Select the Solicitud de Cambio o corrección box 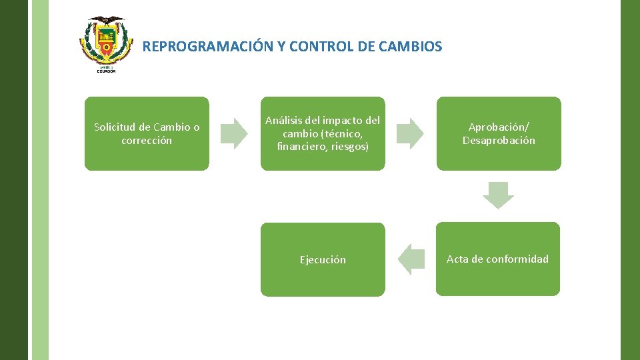click(x=147, y=133)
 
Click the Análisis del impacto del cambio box click(x=323, y=133)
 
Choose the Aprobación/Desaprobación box click(x=499, y=133)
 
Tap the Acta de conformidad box click(x=498, y=259)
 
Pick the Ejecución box click(x=323, y=259)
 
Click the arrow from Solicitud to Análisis click(x=234, y=133)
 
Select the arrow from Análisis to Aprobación click(x=410, y=133)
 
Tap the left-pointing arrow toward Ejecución click(x=411, y=259)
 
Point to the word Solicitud click(x=114, y=127)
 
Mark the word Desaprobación click(x=499, y=141)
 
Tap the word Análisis click(x=283, y=121)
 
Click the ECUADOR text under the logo click(x=106, y=71)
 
